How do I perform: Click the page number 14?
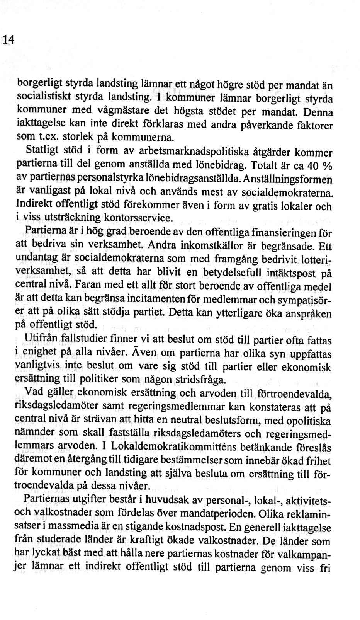(x=9, y=39)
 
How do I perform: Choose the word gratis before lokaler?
(x=267, y=206)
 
